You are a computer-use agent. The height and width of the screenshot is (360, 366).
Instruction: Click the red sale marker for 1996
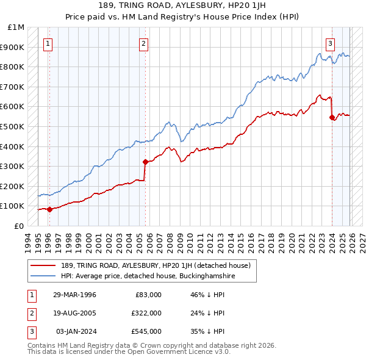coord(49,209)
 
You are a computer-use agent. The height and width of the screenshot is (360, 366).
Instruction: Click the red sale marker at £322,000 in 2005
coord(145,162)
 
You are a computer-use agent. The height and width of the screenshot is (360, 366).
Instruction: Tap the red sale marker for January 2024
coord(332,118)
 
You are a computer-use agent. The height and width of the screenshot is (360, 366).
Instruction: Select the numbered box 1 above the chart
coord(48,43)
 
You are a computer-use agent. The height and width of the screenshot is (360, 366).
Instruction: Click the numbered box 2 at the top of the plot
coord(143,43)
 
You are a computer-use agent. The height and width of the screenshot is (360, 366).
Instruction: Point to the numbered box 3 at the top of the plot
coord(330,43)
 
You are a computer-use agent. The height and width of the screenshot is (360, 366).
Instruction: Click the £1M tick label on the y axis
coord(16,27)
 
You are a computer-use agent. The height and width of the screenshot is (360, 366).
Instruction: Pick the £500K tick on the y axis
coord(14,126)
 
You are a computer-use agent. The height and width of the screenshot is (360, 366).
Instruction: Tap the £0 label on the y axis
coord(19,226)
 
